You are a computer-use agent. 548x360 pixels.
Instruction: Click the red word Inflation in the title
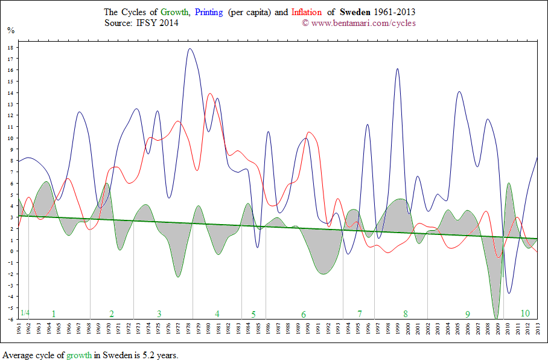click(x=306, y=12)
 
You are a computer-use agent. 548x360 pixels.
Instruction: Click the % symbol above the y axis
click(x=10, y=29)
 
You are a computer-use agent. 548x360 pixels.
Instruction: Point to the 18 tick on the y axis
click(x=10, y=47)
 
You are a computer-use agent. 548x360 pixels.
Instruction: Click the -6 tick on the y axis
click(x=10, y=319)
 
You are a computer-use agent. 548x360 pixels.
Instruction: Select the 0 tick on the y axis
click(x=11, y=251)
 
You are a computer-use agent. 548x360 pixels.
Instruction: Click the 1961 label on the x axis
click(x=19, y=329)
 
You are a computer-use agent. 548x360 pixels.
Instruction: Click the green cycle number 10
click(x=525, y=313)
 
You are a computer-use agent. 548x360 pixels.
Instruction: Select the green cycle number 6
click(x=304, y=314)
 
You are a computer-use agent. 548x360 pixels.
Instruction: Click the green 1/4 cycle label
click(x=24, y=313)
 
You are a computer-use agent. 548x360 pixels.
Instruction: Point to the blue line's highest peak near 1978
click(x=190, y=49)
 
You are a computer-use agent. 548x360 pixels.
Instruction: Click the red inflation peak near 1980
click(x=209, y=94)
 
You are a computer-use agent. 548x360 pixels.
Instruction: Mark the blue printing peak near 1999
click(x=398, y=69)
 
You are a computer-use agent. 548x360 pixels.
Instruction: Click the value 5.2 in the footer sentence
click(x=139, y=355)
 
